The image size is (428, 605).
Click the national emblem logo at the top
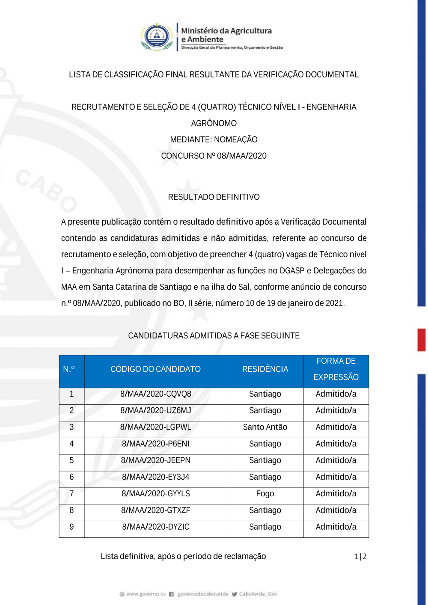coord(157,37)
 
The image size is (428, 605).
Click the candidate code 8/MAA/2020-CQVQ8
coord(155,394)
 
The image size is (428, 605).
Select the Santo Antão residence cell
coord(265,427)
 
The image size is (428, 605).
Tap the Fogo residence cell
coord(265,494)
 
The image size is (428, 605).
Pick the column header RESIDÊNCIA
coord(265,369)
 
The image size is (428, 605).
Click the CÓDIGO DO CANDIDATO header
coord(155,369)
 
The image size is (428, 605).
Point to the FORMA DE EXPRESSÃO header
coord(336,369)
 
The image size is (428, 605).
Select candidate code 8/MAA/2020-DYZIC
coord(155,527)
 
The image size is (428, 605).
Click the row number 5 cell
coord(71,461)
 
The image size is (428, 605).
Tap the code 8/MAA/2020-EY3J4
coord(155,477)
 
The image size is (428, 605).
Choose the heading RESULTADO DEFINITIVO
coord(214,197)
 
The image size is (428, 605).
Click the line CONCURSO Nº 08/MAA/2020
coord(214,156)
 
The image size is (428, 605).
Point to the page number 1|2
coord(360,557)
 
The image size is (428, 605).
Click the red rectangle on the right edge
coord(422,340)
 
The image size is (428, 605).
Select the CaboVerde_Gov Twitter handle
coord(258,594)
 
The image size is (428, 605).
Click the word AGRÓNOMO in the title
coord(214,124)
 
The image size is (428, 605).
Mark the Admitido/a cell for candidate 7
coord(336,494)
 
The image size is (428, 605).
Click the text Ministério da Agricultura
coord(226,31)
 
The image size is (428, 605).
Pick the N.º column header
coord(69,369)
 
